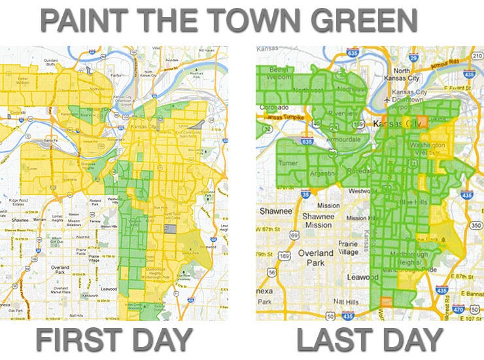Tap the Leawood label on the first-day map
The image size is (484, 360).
click(109, 287)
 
